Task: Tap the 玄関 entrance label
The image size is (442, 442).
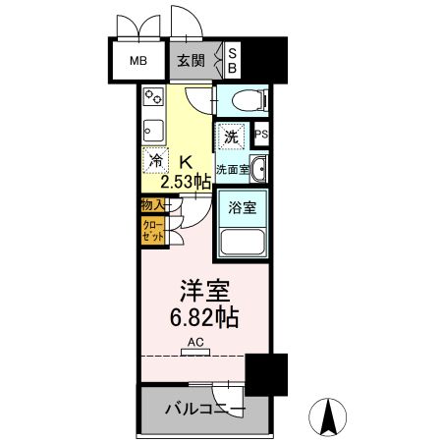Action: [191, 59]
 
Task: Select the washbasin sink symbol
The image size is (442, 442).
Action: [257, 168]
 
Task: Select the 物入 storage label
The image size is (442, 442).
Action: [152, 205]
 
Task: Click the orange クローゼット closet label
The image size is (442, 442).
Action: [153, 232]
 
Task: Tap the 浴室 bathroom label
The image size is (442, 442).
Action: [241, 207]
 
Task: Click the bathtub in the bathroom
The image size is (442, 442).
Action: [241, 242]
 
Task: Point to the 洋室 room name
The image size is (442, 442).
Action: [203, 294]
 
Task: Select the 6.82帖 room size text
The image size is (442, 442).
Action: [204, 320]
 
